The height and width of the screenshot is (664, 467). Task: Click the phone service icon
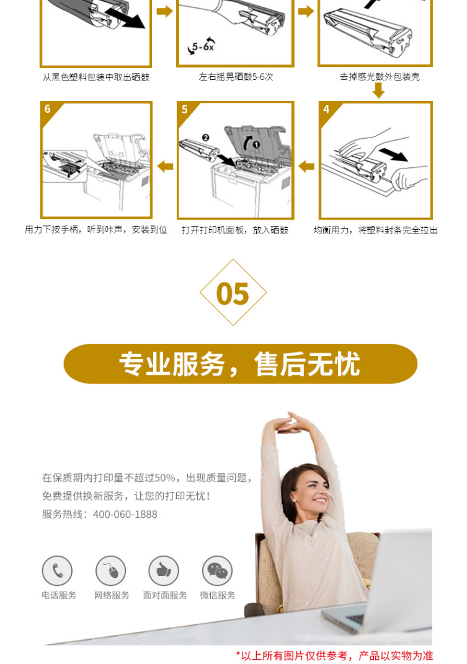[x=57, y=571]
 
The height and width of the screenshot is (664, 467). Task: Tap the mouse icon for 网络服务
[x=111, y=571]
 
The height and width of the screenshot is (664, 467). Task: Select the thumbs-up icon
[x=164, y=571]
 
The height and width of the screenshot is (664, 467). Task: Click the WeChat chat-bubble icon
[x=217, y=571]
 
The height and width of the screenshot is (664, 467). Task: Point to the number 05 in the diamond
[x=233, y=294]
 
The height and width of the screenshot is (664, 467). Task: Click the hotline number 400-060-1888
[x=125, y=515]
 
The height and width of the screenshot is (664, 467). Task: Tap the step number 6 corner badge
[x=48, y=109]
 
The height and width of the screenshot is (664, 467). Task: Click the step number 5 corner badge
[x=185, y=109]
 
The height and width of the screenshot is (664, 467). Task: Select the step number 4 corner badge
[x=326, y=109]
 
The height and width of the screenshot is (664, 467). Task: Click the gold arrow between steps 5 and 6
[x=165, y=167]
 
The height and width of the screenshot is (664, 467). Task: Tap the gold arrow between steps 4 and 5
[x=306, y=167]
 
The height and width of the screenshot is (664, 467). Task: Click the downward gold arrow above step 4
[x=378, y=90]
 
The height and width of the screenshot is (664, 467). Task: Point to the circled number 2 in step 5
[x=206, y=138]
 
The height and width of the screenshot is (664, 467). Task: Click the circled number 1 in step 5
[x=256, y=145]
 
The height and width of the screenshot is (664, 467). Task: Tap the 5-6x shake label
[x=202, y=46]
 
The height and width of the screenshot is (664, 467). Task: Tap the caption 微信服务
[x=217, y=595]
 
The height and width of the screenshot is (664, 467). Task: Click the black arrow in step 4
[x=393, y=154]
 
